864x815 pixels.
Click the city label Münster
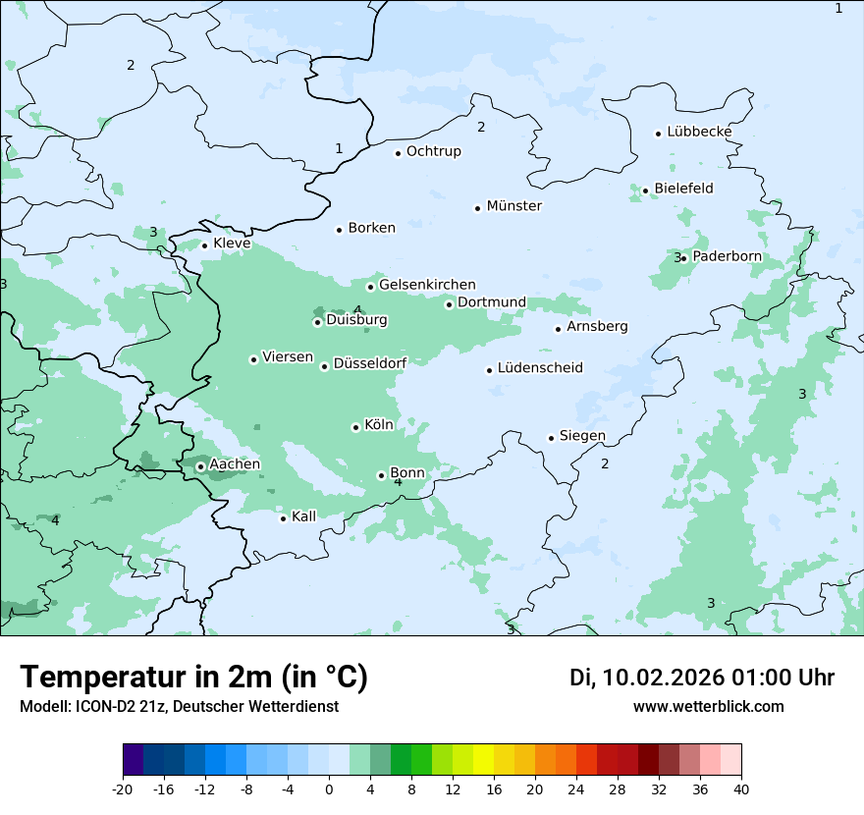[x=514, y=206]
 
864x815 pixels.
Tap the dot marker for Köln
[x=355, y=427]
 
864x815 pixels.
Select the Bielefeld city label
[x=683, y=189]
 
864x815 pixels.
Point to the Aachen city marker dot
[x=200, y=466]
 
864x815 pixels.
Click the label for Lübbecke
[x=699, y=132]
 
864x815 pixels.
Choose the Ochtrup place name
[x=433, y=151]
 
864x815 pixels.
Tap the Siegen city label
[x=582, y=436]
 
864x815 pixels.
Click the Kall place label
[x=304, y=516]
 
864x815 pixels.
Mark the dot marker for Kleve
[x=204, y=245]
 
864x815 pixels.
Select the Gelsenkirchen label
[x=427, y=285]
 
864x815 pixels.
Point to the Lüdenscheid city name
[x=540, y=368]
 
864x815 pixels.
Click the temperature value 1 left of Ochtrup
[x=339, y=148]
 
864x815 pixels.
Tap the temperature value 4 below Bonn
[x=398, y=482]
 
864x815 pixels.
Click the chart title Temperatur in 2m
[x=193, y=677]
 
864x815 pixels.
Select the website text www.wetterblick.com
[x=708, y=706]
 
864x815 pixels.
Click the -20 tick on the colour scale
[x=123, y=788]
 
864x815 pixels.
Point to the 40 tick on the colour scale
[x=741, y=788]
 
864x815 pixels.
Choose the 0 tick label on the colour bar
[x=329, y=788]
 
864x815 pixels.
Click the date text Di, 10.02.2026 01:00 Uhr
[x=702, y=678]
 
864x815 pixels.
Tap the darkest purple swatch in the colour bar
[x=134, y=760]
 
